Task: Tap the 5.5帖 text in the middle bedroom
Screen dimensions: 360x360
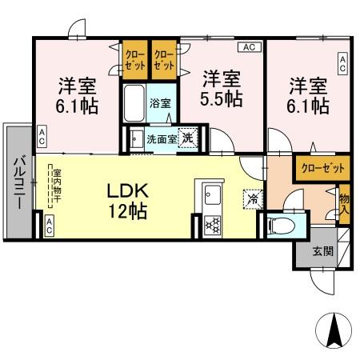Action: [222, 98]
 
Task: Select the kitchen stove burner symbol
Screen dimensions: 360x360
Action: [213, 223]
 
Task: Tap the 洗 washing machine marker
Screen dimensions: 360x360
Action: [187, 137]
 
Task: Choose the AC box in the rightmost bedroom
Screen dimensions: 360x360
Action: [343, 63]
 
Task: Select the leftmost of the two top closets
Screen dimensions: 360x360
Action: [134, 58]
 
